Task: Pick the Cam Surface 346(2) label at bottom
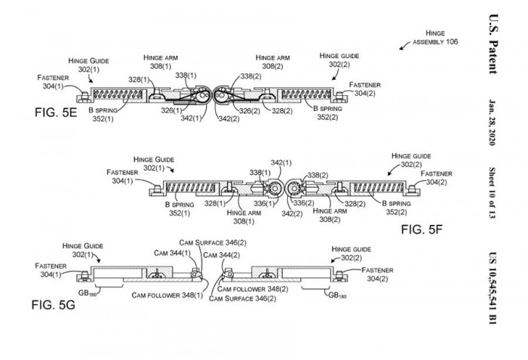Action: point(243,299)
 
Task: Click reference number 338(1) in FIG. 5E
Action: point(186,76)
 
